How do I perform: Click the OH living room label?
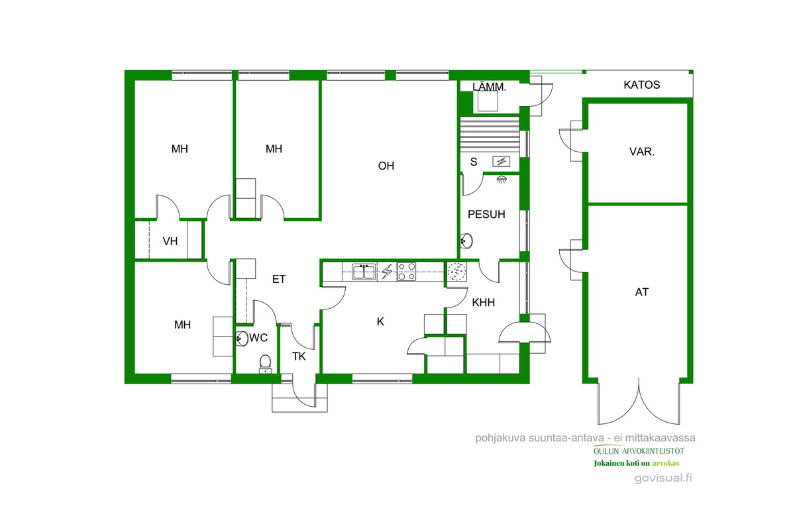point(386,166)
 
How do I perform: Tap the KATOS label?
point(642,85)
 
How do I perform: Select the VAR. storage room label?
point(642,152)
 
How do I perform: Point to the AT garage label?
point(642,292)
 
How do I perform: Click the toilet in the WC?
point(265,364)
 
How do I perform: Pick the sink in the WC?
point(242,339)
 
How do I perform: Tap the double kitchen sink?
point(364,272)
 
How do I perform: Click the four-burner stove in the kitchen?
point(407,272)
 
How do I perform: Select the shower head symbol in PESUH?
point(501,180)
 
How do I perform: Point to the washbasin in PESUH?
point(466,241)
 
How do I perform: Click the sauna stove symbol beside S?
point(501,162)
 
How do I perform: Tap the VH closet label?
point(170,241)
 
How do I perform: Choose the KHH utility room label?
point(484,303)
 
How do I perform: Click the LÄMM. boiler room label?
point(489,87)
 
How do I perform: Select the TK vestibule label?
point(299,356)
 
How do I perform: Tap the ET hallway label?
point(279,280)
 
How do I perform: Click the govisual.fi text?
point(663,478)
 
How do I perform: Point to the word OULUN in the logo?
point(606,451)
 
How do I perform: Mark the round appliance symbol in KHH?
point(456,272)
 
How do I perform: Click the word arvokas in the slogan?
point(666,463)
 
